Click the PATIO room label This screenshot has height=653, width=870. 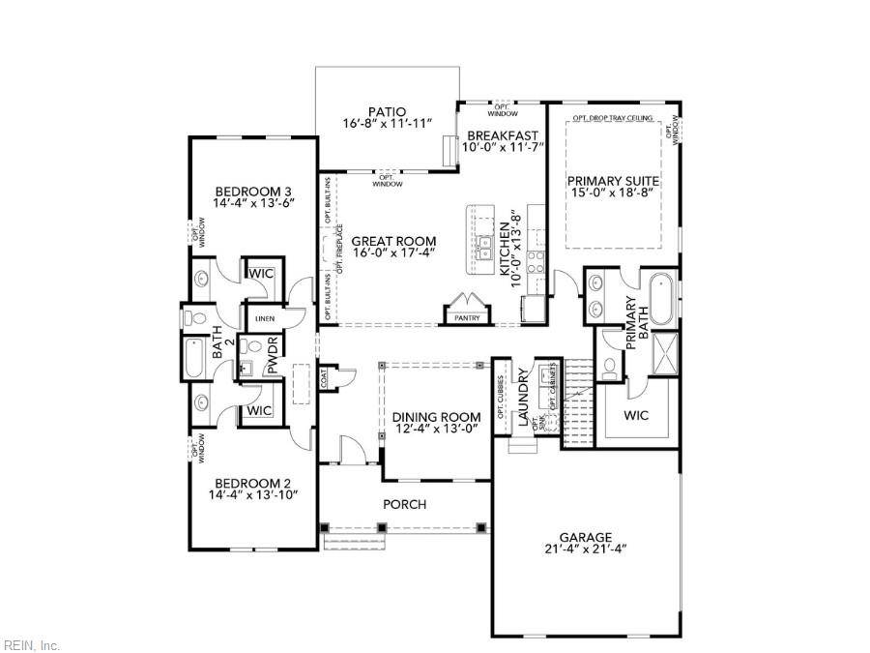click(387, 111)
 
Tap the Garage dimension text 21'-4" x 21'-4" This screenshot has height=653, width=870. click(585, 549)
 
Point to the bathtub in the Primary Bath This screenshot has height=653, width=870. click(663, 299)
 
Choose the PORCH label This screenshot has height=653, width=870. click(404, 504)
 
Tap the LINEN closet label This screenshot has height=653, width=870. click(264, 318)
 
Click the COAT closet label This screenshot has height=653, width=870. click(325, 377)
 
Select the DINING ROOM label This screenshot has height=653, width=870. click(436, 417)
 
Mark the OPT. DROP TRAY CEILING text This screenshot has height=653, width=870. click(612, 118)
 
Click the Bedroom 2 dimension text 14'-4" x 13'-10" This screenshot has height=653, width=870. click(252, 494)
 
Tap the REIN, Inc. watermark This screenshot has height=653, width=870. click(32, 644)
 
